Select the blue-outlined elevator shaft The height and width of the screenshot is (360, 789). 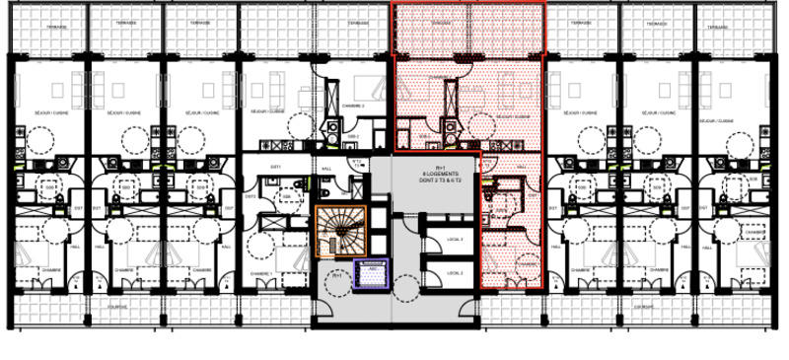pyautogui.click(x=371, y=276)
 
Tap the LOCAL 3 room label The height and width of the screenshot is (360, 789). pyautogui.click(x=455, y=239)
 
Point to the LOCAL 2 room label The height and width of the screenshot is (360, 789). pyautogui.click(x=455, y=272)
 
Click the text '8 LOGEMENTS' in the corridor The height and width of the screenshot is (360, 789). pyautogui.click(x=435, y=175)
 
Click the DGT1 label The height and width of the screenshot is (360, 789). pyautogui.click(x=275, y=167)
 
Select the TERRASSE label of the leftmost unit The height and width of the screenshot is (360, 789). pyautogui.click(x=48, y=27)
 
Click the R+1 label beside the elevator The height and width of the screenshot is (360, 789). pyautogui.click(x=336, y=276)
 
